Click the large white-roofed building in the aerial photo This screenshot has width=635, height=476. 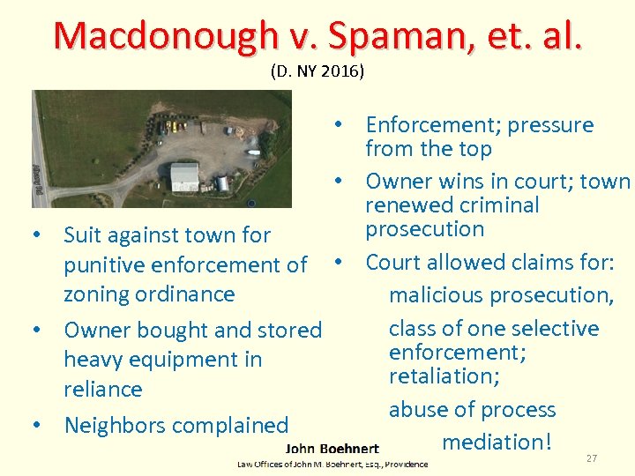[184, 176]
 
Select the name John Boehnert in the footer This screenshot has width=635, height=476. [332, 449]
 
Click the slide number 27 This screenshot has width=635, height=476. [591, 458]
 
